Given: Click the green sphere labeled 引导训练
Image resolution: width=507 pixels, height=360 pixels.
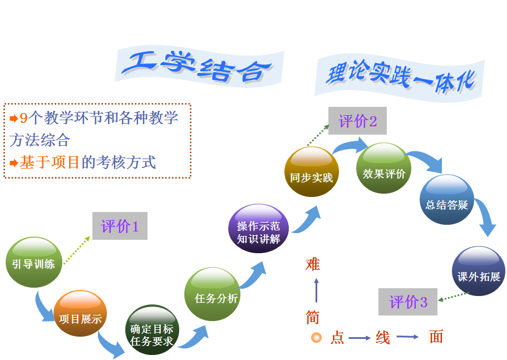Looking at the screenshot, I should (x=33, y=263).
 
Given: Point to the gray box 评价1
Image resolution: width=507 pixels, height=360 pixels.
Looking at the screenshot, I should (x=120, y=226).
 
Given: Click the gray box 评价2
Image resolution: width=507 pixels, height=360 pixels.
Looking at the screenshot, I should (x=357, y=121).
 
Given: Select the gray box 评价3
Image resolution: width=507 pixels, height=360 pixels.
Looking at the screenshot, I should (x=408, y=302).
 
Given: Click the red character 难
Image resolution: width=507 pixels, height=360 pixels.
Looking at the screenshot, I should (x=313, y=264).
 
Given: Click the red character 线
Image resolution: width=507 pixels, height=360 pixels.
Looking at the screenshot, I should (x=383, y=337).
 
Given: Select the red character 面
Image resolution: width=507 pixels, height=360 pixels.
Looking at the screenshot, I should (x=436, y=337).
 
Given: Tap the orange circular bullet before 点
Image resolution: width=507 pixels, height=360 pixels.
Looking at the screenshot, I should (x=316, y=337).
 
